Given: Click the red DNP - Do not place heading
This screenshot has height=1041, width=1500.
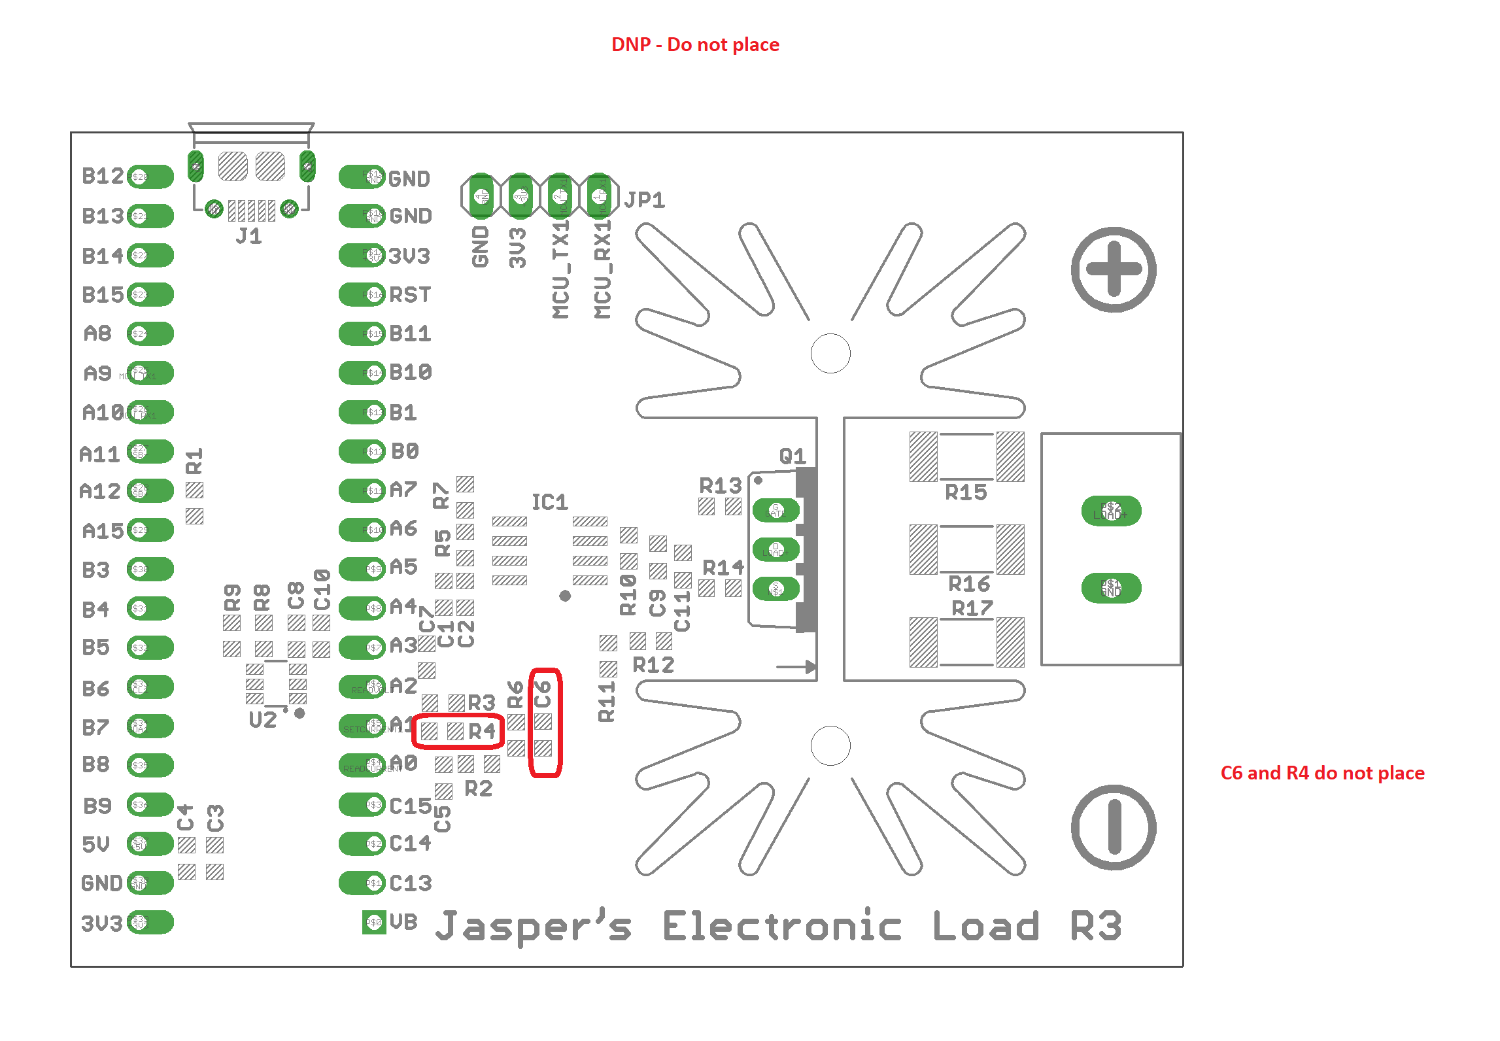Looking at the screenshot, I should tap(695, 44).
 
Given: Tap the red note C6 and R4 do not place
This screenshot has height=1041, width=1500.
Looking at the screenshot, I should tap(1322, 773).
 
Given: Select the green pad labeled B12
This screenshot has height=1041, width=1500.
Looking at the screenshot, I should tap(151, 177).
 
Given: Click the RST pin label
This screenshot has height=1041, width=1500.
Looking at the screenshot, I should tap(409, 295).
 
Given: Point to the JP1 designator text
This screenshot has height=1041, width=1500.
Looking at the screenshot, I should tap(644, 200).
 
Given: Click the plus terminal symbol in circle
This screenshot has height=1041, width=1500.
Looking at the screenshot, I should tap(1113, 269).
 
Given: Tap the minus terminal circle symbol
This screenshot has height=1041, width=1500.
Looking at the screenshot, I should tap(1113, 827).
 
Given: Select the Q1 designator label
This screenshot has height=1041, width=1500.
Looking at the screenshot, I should tap(793, 456).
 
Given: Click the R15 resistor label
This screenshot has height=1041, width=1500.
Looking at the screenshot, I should tap(966, 492).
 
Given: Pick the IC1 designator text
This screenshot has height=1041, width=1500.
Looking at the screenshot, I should tap(549, 502).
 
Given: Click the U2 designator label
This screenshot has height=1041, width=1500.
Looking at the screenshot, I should tap(263, 720).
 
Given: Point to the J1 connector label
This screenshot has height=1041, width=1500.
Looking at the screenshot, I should tap(248, 236).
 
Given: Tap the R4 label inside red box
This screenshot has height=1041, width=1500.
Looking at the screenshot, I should tap(482, 731).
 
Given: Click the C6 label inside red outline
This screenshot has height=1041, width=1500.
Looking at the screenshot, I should tap(543, 694).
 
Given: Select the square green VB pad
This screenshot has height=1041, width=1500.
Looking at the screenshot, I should tap(374, 923).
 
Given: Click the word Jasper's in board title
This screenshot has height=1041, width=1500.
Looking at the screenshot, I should tap(533, 927).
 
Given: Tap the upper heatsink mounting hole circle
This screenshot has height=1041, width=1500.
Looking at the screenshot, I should tap(830, 354).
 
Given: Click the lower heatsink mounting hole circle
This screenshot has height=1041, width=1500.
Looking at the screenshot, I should tap(830, 745).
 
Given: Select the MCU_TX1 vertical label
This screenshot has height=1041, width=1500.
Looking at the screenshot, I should tap(560, 269).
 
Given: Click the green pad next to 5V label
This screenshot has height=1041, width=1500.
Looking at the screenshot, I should tap(151, 844).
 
